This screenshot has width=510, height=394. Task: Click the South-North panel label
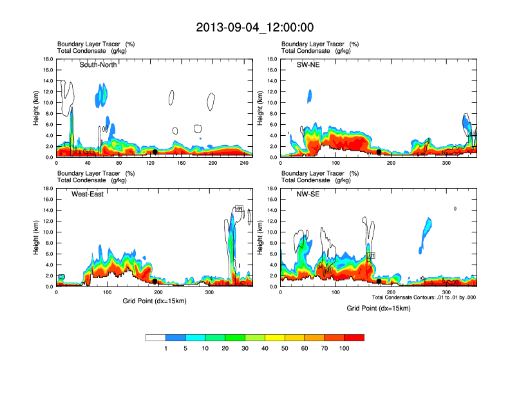point(98,64)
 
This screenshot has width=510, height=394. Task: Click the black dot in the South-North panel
point(155,152)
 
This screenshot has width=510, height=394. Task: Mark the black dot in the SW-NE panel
point(379,152)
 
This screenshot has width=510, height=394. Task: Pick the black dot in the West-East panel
point(155,281)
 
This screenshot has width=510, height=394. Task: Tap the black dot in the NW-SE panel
point(379,281)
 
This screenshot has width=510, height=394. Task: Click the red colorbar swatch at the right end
point(354,337)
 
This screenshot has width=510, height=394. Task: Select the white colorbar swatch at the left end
point(156,337)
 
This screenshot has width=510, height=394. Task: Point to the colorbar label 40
point(265,348)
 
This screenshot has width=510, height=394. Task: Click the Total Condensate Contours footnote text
point(424,297)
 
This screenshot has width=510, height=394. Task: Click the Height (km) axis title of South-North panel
point(37,108)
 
